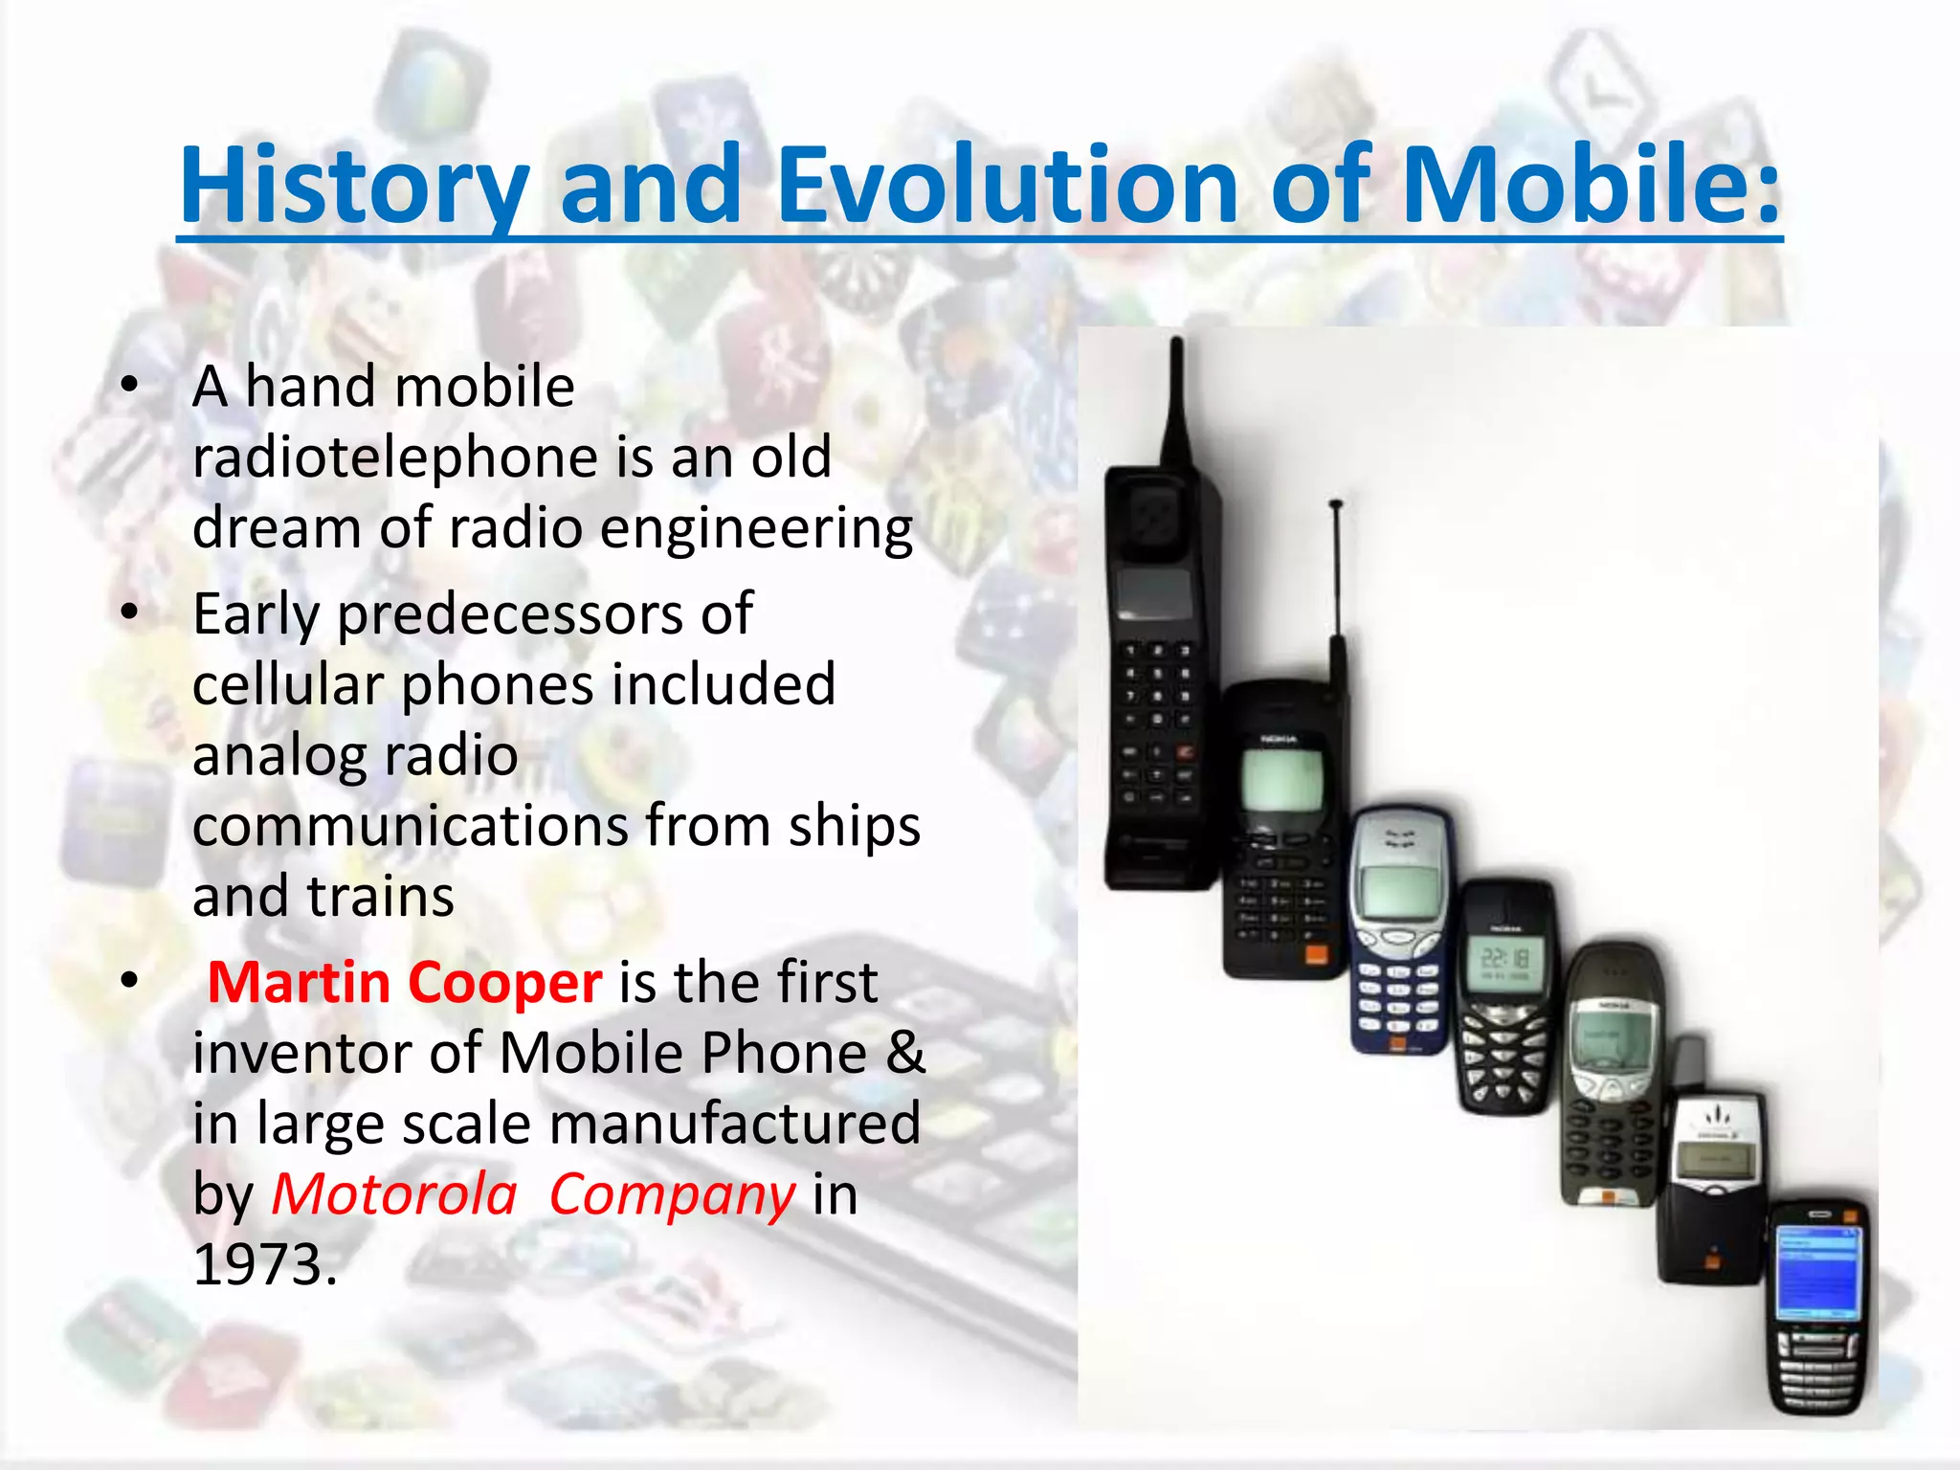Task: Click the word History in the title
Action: coord(354,185)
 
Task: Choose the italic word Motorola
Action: coord(394,1194)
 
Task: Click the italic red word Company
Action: coord(672,1196)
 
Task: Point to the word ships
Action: coord(854,827)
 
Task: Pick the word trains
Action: coord(380,897)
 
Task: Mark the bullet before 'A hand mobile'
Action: coord(130,386)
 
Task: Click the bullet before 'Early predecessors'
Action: coord(130,612)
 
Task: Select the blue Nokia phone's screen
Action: coord(1399,892)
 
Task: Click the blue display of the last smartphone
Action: coord(1816,1273)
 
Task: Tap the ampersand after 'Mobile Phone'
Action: coord(905,1053)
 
